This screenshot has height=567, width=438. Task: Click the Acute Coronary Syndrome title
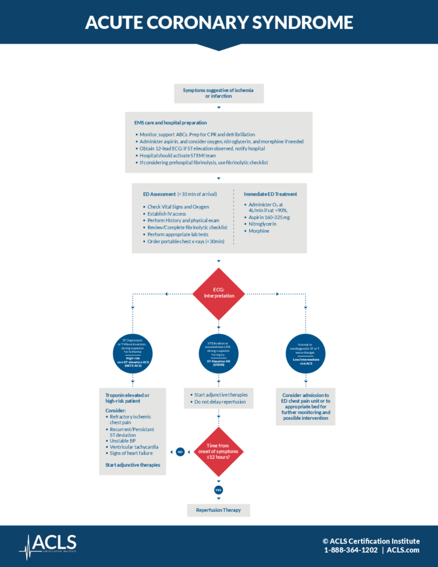[219, 22]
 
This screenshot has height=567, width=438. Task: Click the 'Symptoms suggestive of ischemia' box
[218, 93]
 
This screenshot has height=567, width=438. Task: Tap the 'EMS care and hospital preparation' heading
[170, 123]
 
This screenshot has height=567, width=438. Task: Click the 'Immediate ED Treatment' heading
[270, 194]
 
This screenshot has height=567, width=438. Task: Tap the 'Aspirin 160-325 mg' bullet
[269, 217]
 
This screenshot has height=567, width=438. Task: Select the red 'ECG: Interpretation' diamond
[219, 293]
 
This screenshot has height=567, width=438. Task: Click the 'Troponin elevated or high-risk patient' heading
[128, 398]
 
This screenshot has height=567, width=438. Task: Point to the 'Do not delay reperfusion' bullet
[220, 402]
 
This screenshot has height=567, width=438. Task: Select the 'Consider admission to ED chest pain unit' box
[306, 407]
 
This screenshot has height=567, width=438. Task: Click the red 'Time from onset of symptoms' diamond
[219, 451]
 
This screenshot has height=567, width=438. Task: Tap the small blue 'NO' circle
[180, 452]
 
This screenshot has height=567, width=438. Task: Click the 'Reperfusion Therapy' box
[218, 510]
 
